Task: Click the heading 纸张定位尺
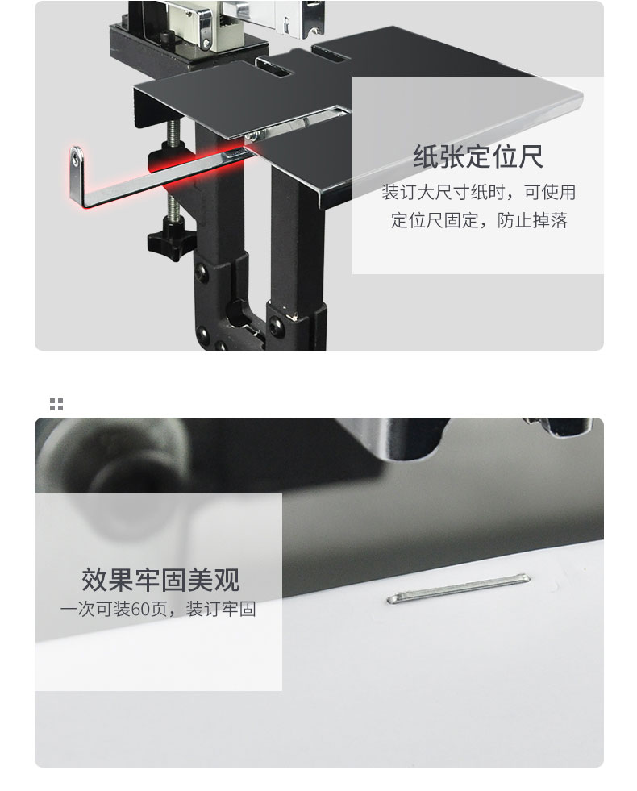[x=477, y=156]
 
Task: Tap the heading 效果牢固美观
[x=160, y=579]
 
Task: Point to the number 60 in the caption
[x=140, y=609]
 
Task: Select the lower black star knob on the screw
[x=171, y=238]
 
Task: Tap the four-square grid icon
[x=56, y=404]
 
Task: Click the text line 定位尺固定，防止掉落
[x=479, y=220]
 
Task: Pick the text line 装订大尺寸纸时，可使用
[x=478, y=192]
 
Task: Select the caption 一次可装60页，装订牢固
[x=158, y=609]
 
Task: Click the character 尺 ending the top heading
[x=530, y=156]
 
